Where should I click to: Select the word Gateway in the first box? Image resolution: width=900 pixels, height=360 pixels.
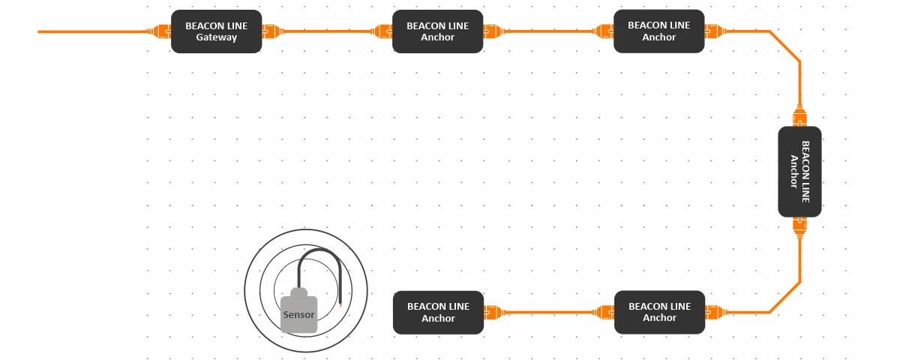216,37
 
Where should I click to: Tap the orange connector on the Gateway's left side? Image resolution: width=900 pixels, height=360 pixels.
161,31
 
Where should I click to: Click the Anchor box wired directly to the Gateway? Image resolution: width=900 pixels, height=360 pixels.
437,31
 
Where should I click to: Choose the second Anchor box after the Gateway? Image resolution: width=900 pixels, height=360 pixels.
658,31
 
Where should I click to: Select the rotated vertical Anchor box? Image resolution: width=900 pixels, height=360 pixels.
799,172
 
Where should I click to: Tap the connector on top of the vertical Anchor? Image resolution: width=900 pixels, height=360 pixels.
799,116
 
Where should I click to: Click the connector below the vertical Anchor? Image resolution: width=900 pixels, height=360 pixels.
799,226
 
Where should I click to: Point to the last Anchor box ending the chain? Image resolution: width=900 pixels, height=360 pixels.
438,312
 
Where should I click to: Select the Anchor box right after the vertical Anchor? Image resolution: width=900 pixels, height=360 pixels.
659,312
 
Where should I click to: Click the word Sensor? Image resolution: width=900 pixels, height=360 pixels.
298,314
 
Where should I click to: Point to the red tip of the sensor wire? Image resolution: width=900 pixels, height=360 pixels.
340,306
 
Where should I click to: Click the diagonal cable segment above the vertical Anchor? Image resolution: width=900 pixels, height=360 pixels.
785,46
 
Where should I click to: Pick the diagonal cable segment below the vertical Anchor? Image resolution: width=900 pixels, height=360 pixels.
785,298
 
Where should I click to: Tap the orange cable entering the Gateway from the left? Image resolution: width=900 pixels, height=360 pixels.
90,31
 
